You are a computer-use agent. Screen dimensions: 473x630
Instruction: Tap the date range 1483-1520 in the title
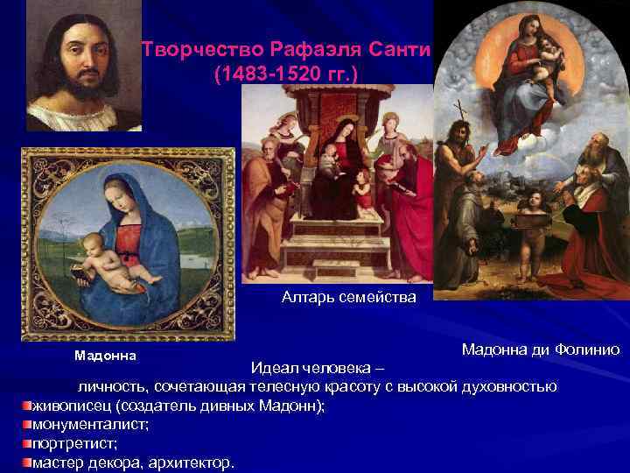coord(282,76)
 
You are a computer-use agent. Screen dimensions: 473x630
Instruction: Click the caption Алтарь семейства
coord(348,298)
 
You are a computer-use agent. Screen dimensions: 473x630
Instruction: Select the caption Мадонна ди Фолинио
coord(541,349)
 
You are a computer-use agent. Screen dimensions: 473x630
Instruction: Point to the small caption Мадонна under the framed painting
coord(104,356)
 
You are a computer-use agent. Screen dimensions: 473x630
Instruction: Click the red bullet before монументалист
coord(27,424)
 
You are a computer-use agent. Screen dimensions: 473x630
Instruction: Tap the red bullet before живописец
coord(27,406)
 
